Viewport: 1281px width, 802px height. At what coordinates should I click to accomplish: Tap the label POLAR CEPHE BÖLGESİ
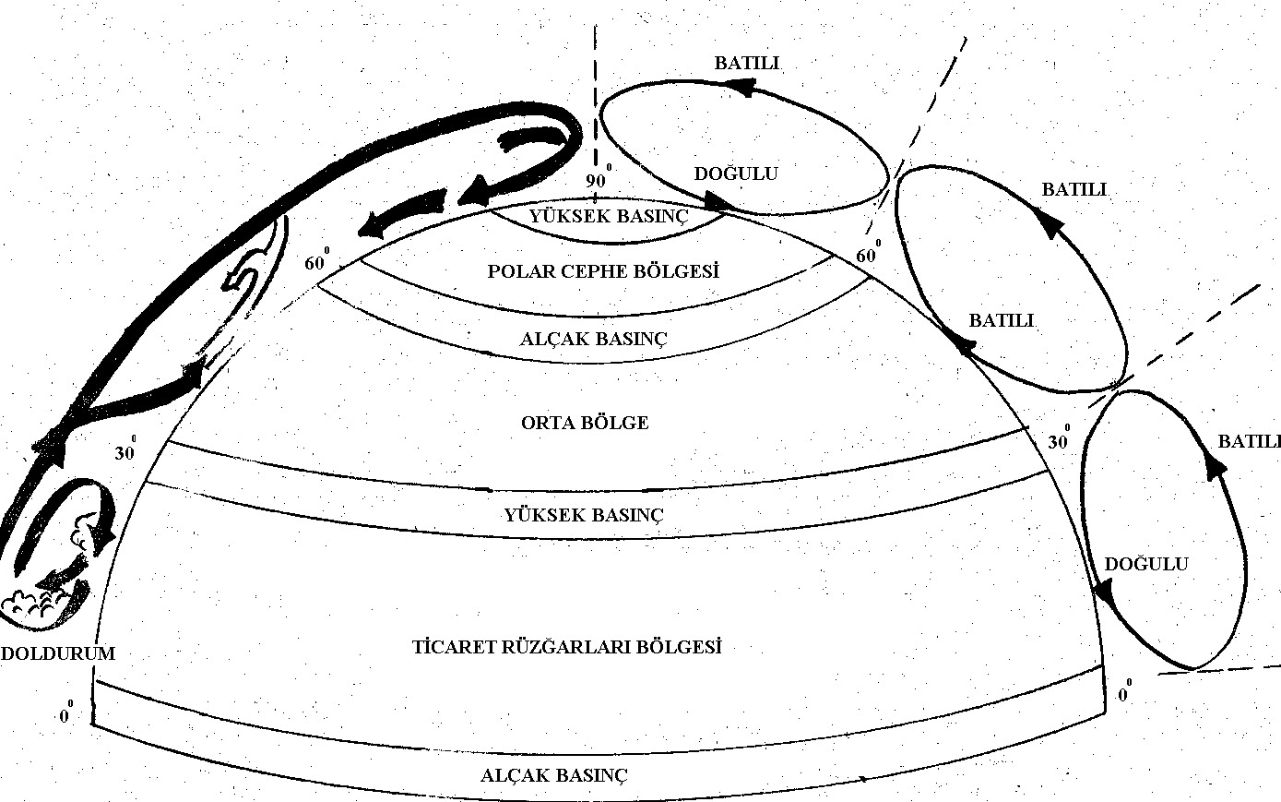(603, 272)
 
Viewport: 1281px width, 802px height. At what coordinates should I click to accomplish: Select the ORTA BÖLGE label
(585, 423)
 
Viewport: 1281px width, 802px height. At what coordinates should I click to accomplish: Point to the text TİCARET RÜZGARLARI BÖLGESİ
(566, 646)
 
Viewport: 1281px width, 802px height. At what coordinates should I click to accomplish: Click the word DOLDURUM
(57, 652)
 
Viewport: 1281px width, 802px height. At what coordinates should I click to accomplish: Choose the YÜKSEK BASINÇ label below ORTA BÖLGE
(584, 514)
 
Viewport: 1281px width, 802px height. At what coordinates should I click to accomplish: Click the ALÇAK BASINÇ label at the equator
(553, 775)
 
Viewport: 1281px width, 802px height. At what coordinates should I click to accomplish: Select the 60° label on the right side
(868, 254)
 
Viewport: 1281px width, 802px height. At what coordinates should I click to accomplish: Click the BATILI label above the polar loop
(748, 63)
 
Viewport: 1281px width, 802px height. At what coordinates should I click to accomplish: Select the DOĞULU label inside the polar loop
(736, 174)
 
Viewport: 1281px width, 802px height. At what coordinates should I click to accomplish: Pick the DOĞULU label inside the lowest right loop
(1146, 565)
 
